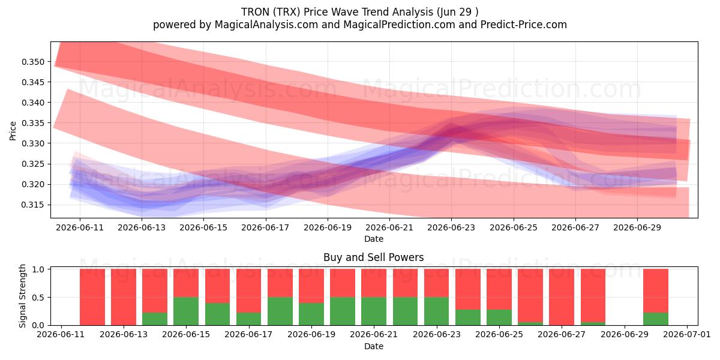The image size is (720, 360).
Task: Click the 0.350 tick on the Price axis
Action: (33, 62)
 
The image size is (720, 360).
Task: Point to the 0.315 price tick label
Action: (33, 205)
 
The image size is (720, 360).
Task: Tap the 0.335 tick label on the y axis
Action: (33, 123)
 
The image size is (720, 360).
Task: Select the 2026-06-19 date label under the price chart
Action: (328, 227)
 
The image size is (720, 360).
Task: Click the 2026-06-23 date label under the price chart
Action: (451, 227)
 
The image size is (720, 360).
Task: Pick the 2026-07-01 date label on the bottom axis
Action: (687, 334)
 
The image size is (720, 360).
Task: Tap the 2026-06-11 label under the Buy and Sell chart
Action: (61, 334)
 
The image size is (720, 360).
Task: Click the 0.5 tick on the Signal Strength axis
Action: (38, 298)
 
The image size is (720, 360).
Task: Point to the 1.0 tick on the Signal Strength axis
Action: (38, 269)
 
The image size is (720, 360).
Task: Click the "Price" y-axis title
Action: (13, 131)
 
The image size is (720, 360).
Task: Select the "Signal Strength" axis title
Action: (22, 296)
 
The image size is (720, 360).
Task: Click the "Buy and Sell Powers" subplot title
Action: (373, 257)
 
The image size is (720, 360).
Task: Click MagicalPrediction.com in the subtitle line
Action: (399, 25)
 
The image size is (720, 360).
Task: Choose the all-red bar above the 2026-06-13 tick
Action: (124, 297)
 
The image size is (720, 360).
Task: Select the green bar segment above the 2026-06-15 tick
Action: (186, 311)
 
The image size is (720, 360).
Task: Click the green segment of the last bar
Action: (656, 319)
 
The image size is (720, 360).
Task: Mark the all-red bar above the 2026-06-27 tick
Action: (561, 297)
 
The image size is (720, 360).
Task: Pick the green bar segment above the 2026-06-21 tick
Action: (374, 311)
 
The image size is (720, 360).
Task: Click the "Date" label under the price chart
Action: (373, 239)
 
